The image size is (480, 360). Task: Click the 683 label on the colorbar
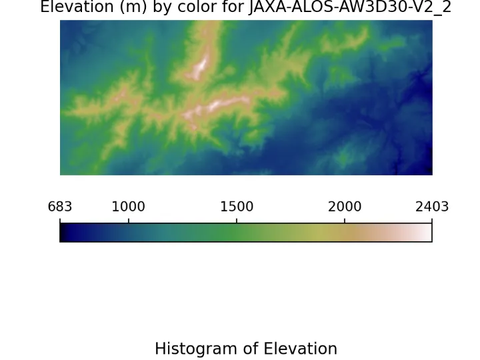[x=60, y=207]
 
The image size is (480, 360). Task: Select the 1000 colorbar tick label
[x=128, y=207]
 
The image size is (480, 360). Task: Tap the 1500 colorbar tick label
[x=237, y=207]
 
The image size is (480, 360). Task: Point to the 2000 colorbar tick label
[x=345, y=207]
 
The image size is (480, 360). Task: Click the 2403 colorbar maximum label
[x=432, y=207]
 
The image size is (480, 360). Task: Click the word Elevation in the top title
[x=77, y=7]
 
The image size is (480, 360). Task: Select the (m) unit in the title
[x=133, y=7]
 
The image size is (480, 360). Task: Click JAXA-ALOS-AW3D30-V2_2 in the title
[x=350, y=7]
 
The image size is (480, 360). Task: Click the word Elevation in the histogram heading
[x=300, y=349]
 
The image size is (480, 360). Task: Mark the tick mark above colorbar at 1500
[x=237, y=221]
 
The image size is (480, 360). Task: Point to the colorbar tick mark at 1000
[x=129, y=221]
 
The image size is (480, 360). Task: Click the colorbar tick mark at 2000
[x=345, y=221]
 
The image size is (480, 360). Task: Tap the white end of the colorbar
[x=427, y=233]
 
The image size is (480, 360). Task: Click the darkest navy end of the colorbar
[x=64, y=233]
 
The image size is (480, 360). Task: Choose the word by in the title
[x=163, y=7]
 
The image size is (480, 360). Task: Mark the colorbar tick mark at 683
[x=60, y=221]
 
